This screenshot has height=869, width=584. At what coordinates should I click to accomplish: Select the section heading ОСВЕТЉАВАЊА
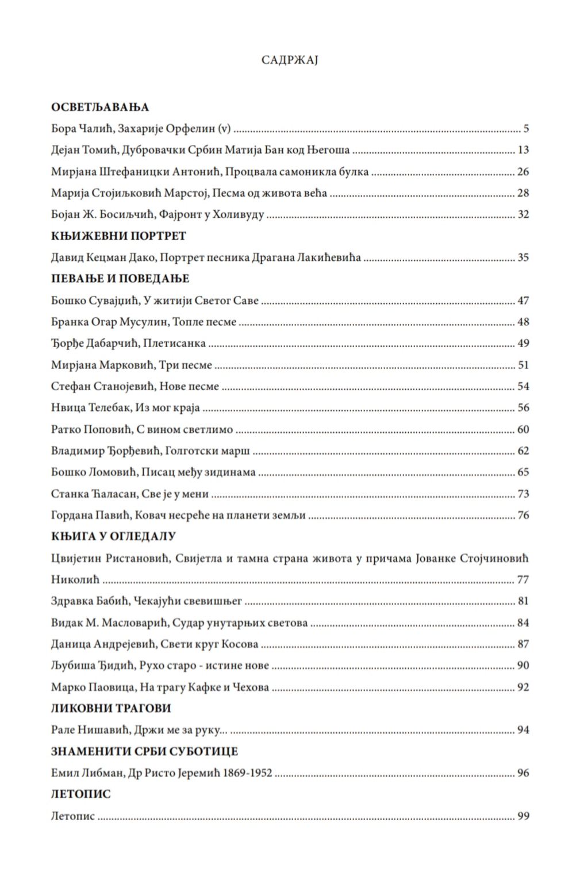(x=100, y=107)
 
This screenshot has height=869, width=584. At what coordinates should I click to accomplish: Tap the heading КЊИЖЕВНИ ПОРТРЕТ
(x=118, y=236)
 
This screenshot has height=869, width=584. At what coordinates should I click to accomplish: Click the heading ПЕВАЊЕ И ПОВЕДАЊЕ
(x=120, y=279)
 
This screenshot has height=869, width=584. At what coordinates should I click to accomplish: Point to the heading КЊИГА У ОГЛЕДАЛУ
(x=113, y=536)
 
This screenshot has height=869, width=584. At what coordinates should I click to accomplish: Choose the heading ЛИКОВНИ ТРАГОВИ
(x=111, y=708)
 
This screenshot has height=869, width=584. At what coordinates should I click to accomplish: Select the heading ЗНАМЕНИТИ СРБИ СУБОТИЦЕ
(x=144, y=751)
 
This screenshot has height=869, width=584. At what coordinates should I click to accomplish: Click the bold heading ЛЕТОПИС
(x=81, y=794)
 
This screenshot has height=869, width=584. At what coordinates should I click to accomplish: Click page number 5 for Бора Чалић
(x=526, y=129)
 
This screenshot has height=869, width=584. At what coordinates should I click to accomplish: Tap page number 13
(x=523, y=151)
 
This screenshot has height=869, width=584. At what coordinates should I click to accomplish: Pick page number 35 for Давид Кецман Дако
(x=523, y=257)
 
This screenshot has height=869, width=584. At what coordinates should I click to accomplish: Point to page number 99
(x=523, y=816)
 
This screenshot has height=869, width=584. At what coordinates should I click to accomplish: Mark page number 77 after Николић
(x=523, y=579)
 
